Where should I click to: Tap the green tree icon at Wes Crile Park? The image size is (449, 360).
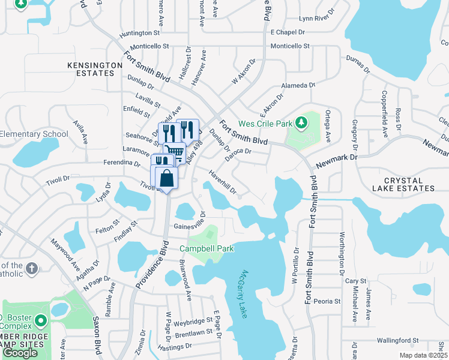click(301, 123)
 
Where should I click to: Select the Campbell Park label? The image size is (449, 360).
click(205, 248)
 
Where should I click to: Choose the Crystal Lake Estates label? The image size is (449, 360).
click(409, 184)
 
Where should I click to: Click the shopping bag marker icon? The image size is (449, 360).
click(166, 178)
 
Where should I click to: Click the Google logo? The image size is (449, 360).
click(20, 353)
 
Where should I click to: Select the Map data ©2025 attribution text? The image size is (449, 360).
click(424, 355)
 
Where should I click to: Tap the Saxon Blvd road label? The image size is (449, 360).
click(96, 337)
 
